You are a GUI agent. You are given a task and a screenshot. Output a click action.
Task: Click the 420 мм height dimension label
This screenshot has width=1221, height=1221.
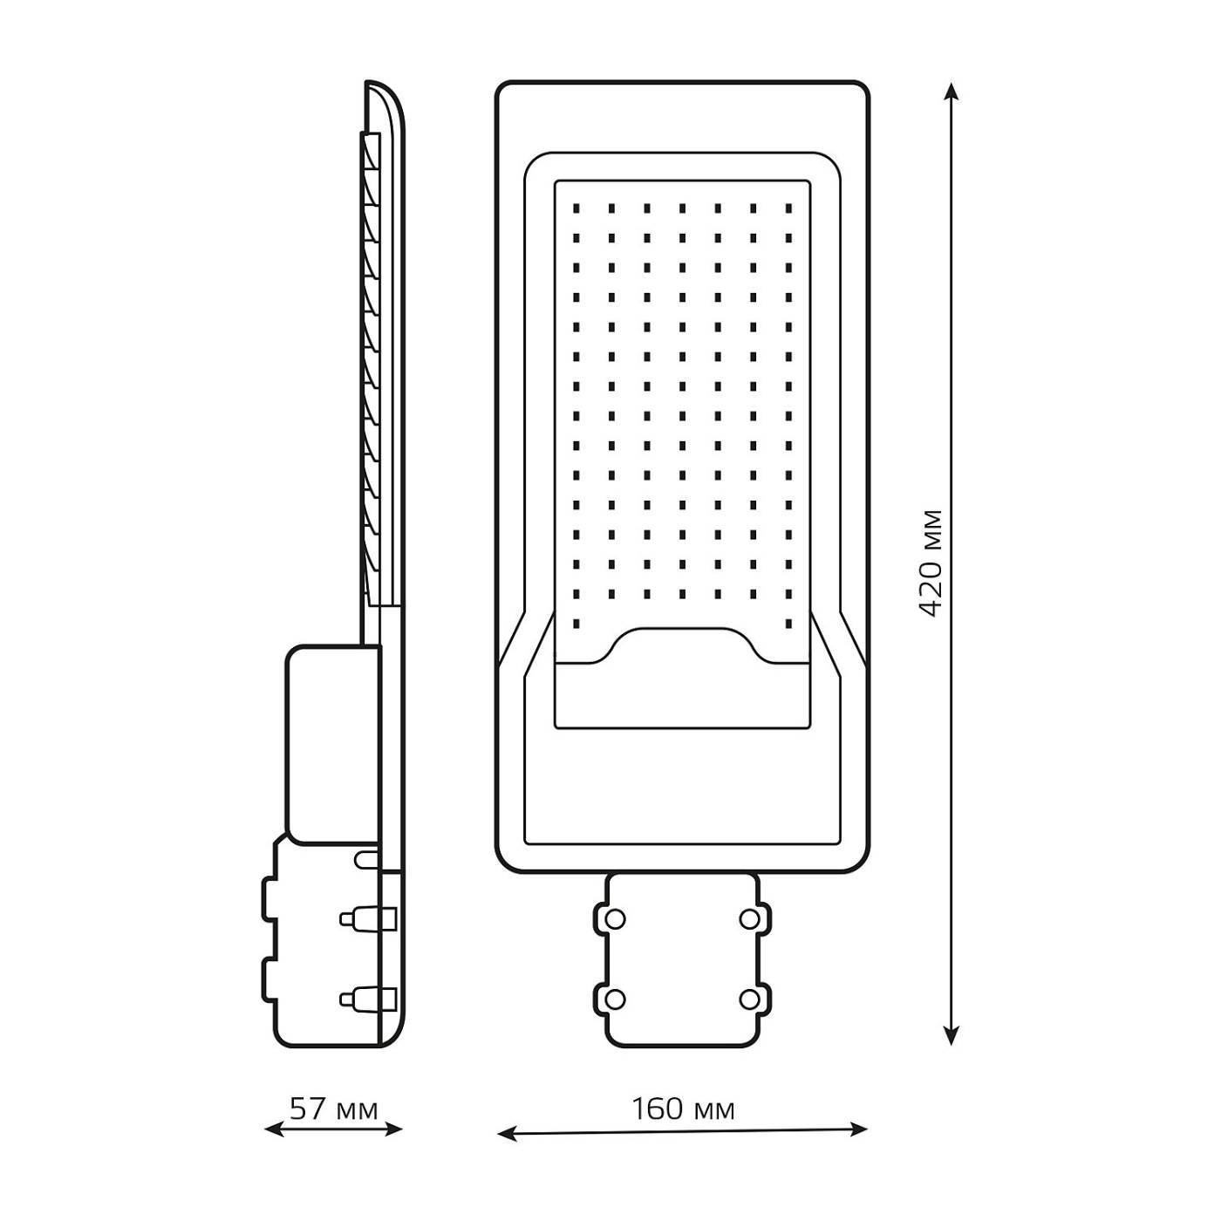pyautogui.click(x=931, y=563)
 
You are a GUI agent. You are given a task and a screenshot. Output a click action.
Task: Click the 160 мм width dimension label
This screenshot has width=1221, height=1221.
pyautogui.click(x=683, y=1108)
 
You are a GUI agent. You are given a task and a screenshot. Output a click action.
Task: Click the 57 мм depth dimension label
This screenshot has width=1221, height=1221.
pyautogui.click(x=334, y=1108)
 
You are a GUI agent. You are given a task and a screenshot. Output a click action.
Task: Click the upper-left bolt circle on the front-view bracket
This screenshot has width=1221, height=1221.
pyautogui.click(x=615, y=918)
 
